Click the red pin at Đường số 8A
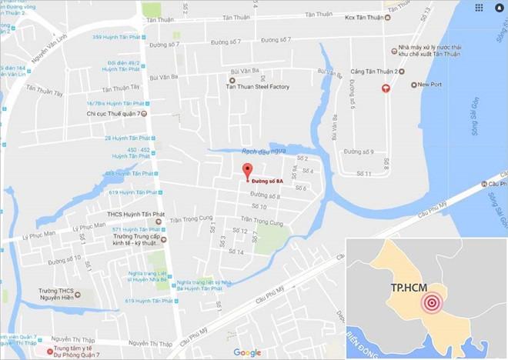(x=247, y=172)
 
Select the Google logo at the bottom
(x=247, y=352)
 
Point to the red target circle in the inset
(x=433, y=303)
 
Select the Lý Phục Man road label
(x=38, y=234)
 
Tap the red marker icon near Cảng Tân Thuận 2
(x=386, y=88)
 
